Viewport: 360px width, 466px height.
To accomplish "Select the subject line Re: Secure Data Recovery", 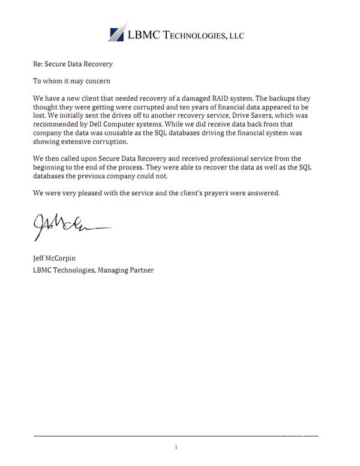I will [73, 64].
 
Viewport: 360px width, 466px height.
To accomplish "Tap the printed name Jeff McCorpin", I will [58, 259].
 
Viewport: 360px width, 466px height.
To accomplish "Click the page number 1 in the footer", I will [176, 447].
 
